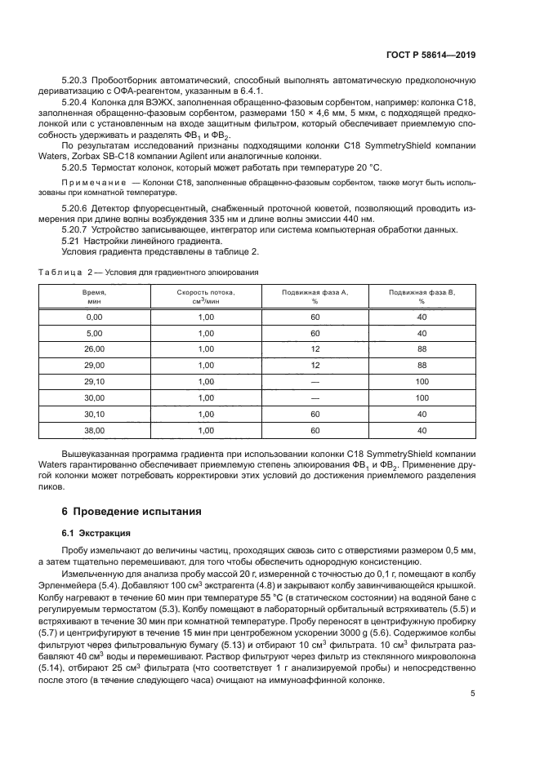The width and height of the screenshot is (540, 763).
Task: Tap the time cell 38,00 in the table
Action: pos(94,429)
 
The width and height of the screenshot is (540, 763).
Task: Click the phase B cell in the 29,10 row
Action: pos(422,382)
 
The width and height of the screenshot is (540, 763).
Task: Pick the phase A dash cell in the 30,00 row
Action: pos(315,397)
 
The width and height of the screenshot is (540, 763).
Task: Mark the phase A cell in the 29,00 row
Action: pos(315,366)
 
